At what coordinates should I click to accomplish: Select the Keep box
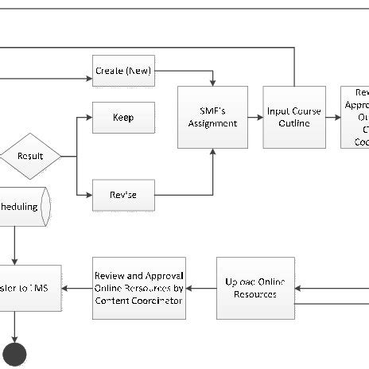[x=123, y=118]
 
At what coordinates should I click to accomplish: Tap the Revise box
[x=123, y=195]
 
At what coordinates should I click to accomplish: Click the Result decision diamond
[x=31, y=156]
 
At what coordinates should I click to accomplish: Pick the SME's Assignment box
[x=212, y=118]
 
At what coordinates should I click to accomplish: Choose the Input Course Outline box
[x=294, y=118]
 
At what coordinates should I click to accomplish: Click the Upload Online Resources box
[x=255, y=288]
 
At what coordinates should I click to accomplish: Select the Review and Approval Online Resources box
[x=139, y=288]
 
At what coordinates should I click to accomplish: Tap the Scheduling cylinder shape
[x=24, y=208]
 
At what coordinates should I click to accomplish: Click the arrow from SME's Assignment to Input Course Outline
[x=255, y=118]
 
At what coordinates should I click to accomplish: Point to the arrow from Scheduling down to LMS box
[x=14, y=247]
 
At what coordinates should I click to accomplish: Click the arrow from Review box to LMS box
[x=76, y=288]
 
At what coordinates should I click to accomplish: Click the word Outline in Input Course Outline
[x=294, y=123]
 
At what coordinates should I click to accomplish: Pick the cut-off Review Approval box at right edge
[x=355, y=118]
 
